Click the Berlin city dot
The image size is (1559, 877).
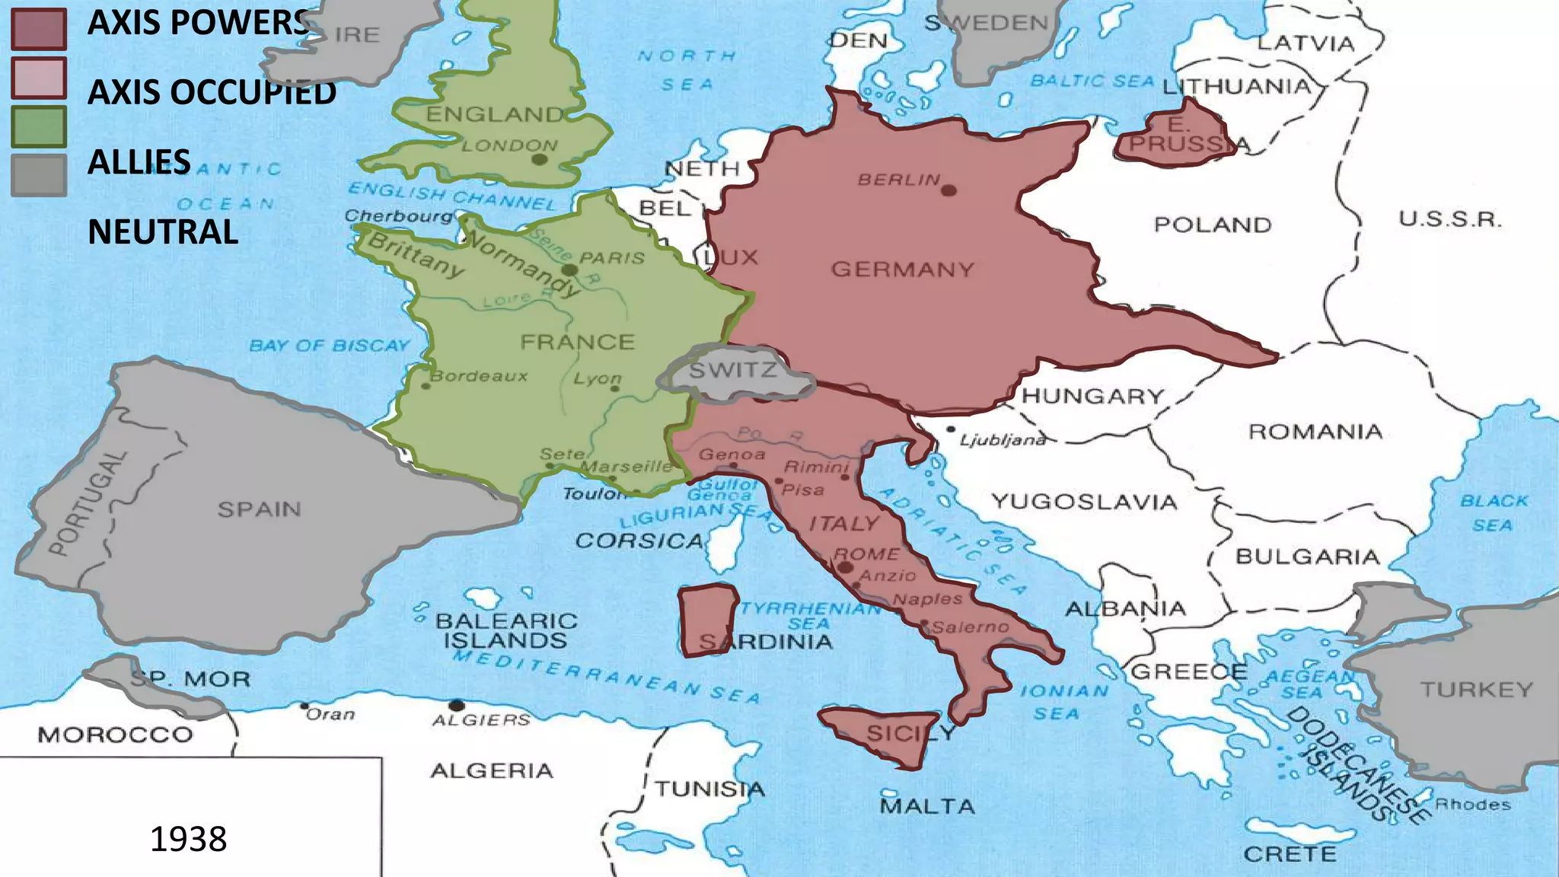948,190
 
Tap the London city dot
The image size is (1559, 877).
539,159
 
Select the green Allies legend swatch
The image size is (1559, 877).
39,127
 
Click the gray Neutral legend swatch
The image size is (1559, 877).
39,175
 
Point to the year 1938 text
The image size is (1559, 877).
188,839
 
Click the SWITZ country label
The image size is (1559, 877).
733,371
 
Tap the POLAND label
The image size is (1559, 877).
1213,225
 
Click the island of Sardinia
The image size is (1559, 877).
708,620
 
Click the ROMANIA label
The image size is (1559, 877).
1315,432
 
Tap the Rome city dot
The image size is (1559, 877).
844,567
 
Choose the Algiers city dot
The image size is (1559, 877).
457,705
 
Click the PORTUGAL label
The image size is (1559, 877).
86,502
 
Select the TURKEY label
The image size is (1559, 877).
1476,690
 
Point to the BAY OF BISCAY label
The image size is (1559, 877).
329,346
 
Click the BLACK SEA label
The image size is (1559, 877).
1493,513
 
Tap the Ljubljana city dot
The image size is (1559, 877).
951,429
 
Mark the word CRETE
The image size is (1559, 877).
1290,854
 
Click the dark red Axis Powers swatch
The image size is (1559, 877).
39,29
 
